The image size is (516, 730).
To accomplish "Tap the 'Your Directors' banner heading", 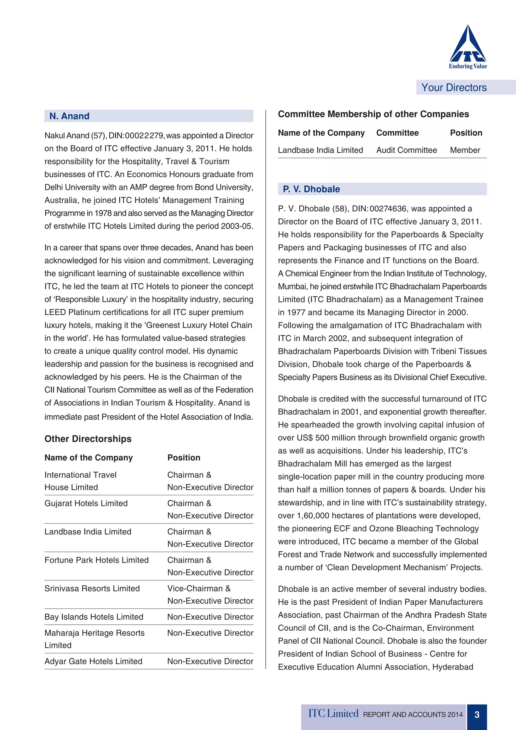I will coord(454,87).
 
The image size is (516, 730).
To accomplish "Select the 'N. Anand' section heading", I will coord(69,116).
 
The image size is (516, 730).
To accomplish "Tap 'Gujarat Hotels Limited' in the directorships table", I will coord(86,503).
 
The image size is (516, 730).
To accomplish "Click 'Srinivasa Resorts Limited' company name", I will coord(92,588).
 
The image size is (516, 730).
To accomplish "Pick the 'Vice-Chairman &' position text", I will coord(199,588).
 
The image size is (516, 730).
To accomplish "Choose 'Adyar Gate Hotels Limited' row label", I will coord(93,661).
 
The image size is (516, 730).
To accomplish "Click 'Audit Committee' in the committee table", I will coord(406,150).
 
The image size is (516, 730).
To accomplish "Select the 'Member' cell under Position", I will coord(465,150).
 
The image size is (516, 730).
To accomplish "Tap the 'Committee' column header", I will coord(397,133).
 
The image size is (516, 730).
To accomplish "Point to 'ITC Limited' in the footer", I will coord(333,714).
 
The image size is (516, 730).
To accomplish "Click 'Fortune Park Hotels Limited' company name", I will coord(96,560).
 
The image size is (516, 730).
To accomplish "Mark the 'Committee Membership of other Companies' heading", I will coord(373,114).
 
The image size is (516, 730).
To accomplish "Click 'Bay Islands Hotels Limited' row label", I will coord(94,617).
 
